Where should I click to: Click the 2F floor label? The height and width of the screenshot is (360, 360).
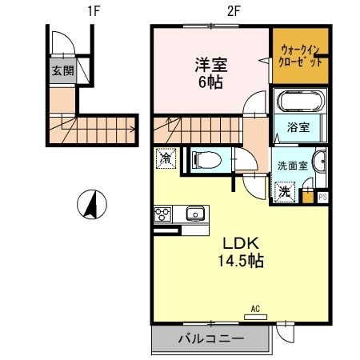point(210,11)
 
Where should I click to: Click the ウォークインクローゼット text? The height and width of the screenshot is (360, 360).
point(300,56)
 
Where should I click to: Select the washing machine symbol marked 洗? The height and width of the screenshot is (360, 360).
point(285,192)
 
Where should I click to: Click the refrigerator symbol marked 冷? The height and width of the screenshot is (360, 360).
point(166,159)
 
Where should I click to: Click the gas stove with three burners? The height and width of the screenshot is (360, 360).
point(162,214)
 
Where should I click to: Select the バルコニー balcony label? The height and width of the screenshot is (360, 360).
point(210,339)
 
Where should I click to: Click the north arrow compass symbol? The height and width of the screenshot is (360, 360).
point(92,205)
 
